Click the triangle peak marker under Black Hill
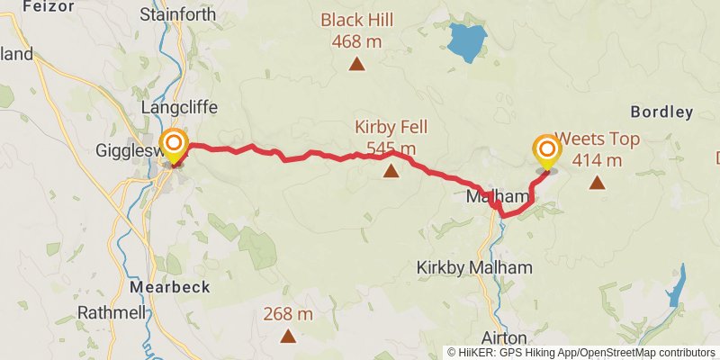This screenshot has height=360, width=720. pos(358,63)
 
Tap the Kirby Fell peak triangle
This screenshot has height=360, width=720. pos(391,170)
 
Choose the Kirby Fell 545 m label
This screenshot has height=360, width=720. pos(391,137)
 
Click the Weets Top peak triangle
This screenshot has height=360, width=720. pos(597,183)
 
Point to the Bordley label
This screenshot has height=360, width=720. pos(661,112)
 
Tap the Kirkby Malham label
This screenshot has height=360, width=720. pos(475,267)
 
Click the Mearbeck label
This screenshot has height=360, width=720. pos(170,287)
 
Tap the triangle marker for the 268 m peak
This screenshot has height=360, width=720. pos(288,337)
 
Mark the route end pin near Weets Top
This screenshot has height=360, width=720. pos(546,150)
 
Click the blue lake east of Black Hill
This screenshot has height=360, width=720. pos(467,41)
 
